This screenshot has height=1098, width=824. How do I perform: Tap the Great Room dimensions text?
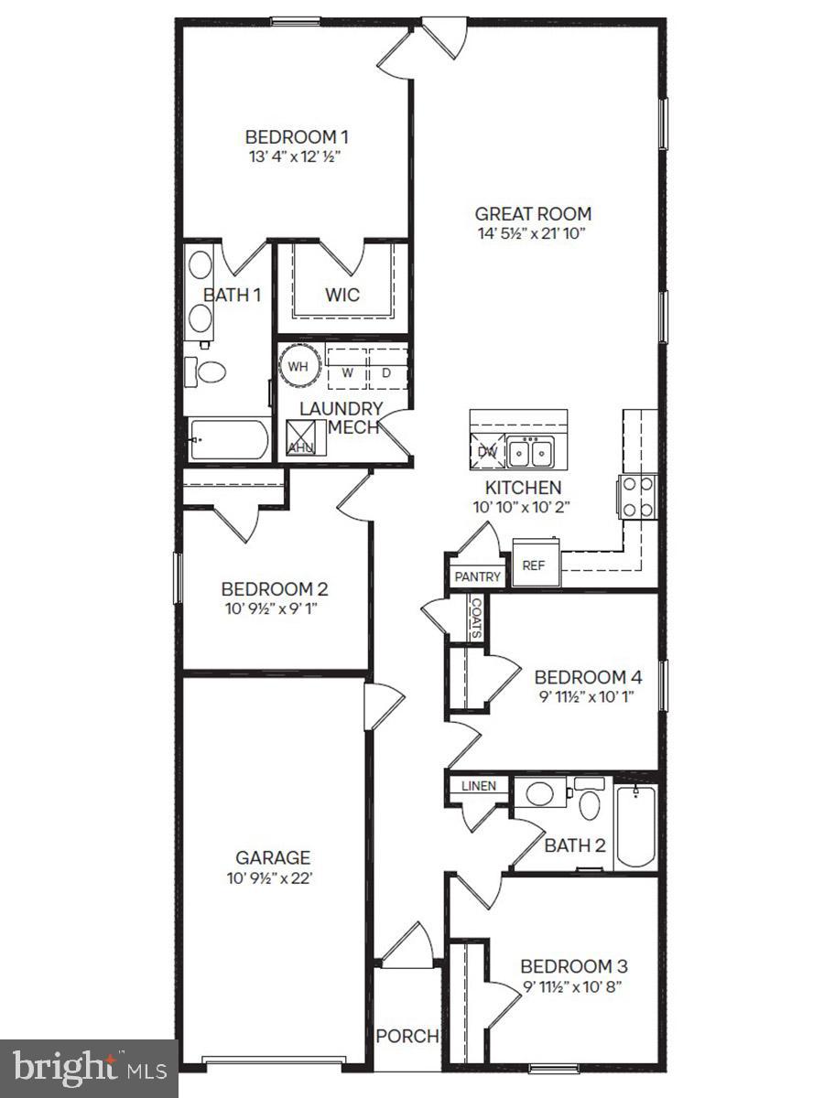(x=533, y=233)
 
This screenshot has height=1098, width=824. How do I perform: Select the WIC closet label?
(x=342, y=296)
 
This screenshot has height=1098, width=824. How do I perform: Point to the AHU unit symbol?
(x=301, y=438)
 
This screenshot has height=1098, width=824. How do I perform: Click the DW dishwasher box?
(x=489, y=450)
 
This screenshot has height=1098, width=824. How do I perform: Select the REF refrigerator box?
(x=534, y=565)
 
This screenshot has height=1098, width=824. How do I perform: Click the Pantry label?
(x=478, y=576)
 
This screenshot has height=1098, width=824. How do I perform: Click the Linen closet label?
(x=478, y=786)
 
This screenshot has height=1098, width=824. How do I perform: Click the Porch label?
(x=407, y=1037)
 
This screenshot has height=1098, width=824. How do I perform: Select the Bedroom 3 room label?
(x=574, y=966)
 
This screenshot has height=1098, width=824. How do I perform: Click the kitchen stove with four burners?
(x=638, y=497)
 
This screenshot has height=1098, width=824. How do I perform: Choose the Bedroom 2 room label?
(x=275, y=589)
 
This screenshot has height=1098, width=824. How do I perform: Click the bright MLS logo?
(x=89, y=1067)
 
